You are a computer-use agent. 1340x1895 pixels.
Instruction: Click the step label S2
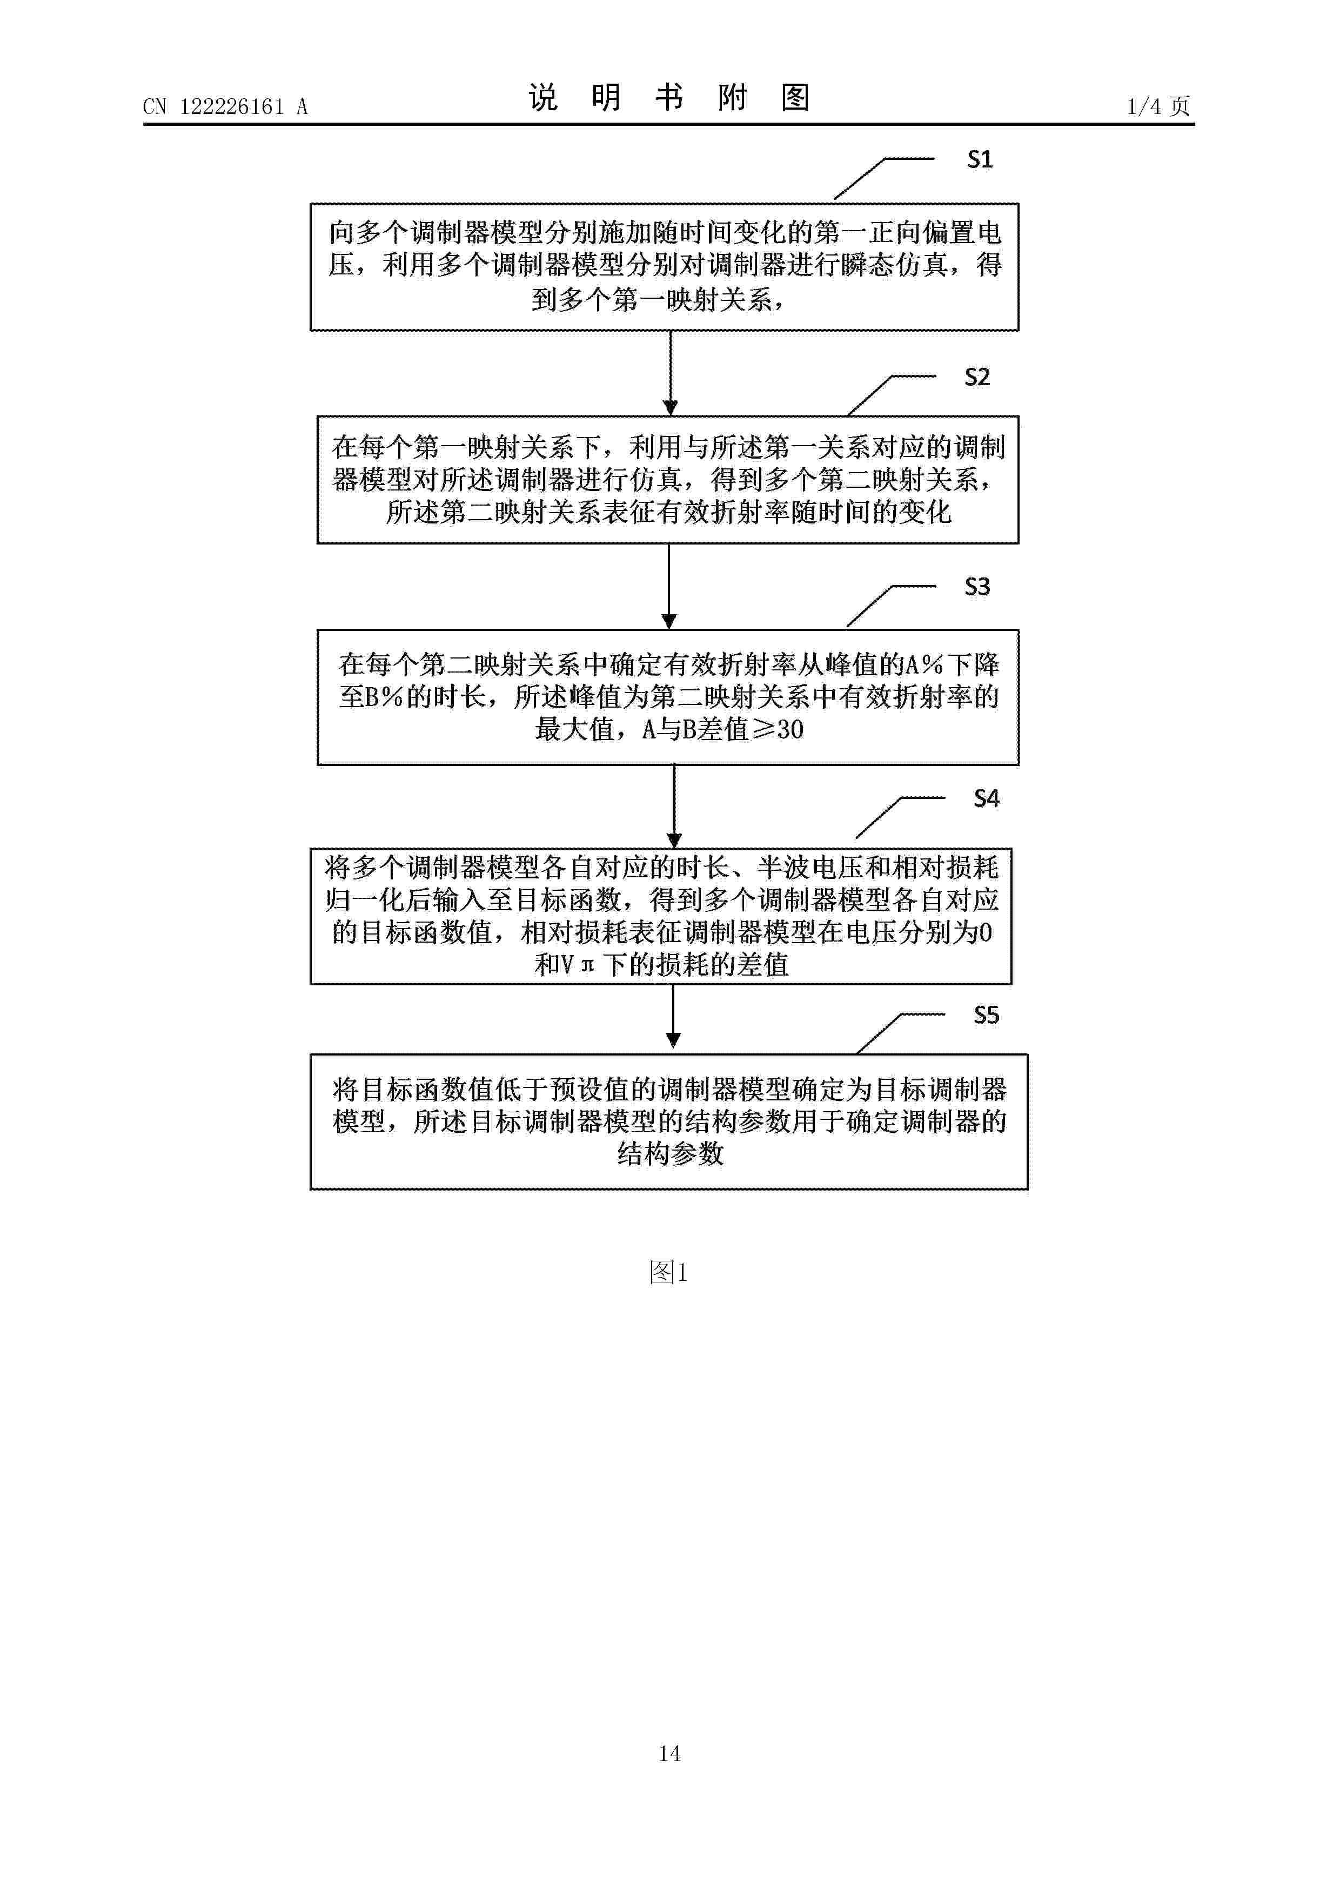click(x=977, y=377)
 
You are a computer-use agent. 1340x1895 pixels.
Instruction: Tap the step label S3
click(x=977, y=587)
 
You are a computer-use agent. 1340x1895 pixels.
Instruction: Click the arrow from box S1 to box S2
click(x=671, y=373)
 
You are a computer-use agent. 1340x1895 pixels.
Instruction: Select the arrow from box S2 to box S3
click(x=669, y=586)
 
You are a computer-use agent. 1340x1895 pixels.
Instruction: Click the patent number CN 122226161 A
click(x=225, y=106)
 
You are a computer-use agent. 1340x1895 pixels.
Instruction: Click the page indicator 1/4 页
click(x=1158, y=106)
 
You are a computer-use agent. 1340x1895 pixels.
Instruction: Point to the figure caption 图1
click(x=669, y=1272)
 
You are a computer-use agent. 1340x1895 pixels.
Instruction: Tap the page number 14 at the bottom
click(x=669, y=1753)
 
